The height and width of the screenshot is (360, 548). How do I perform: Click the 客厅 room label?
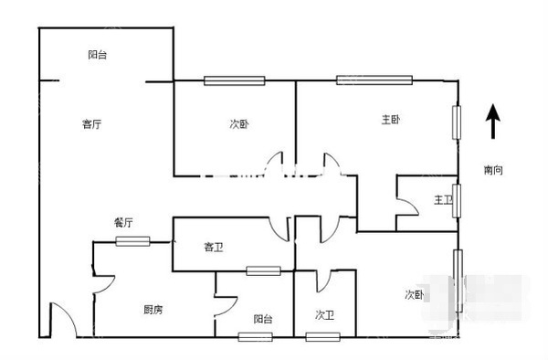pos(90,124)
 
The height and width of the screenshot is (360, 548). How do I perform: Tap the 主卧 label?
pos(391,120)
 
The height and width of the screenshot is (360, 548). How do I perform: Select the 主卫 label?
pos(443,199)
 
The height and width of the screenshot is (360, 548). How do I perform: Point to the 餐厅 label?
pos(123,222)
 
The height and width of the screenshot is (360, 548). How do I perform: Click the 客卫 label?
pos(215,247)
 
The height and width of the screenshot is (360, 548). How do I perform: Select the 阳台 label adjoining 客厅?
pos(98,56)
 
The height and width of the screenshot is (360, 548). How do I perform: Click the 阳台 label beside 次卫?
pos(262,319)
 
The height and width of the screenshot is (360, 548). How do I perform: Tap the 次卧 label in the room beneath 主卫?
pos(415,294)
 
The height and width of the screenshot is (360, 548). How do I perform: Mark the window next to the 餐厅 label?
pos(132,241)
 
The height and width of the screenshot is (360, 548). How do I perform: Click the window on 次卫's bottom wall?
pos(322,337)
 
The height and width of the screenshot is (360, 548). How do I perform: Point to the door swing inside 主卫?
pos(407,209)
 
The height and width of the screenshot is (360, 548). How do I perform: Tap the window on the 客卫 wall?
pos(263,271)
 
